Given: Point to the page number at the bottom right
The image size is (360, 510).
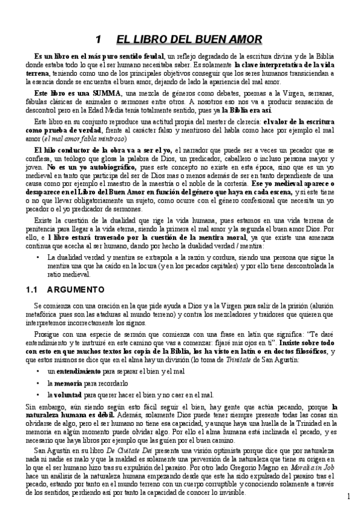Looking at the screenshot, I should [x=349, y=496].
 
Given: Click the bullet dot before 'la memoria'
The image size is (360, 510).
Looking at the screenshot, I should [x=38, y=382].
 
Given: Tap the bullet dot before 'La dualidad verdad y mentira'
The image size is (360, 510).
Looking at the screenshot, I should [x=38, y=256].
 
